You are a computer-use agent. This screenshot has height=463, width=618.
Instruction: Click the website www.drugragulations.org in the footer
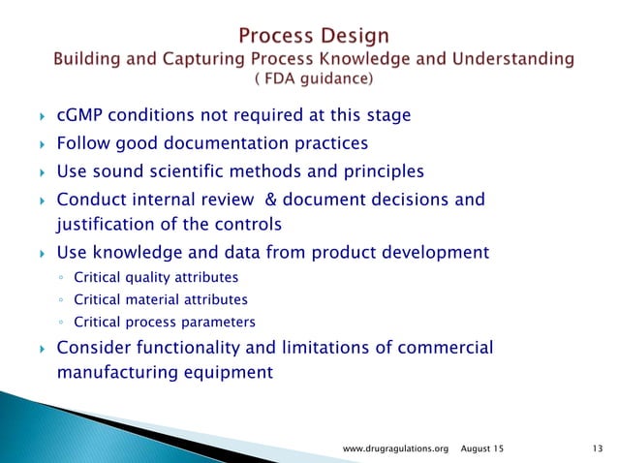click(x=398, y=448)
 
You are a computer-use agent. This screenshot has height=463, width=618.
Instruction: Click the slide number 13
click(x=595, y=448)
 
